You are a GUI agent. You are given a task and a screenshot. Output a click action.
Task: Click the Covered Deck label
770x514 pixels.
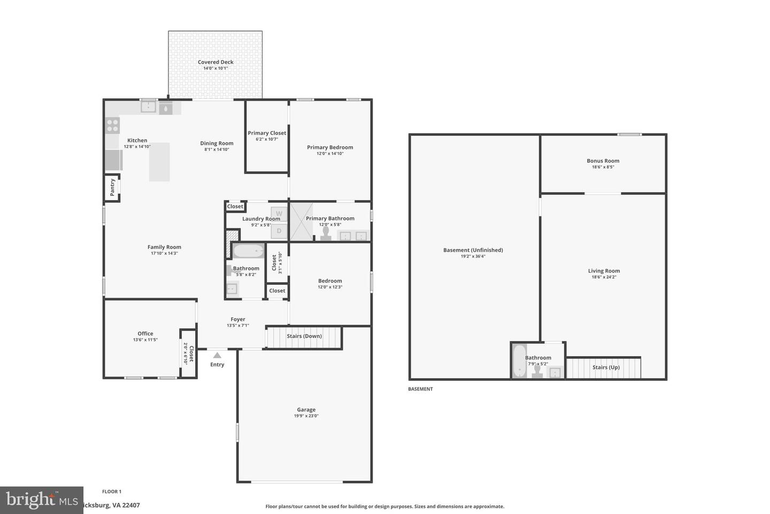pyautogui.click(x=215, y=62)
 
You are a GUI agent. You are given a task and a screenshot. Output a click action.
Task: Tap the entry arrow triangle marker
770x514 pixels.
pyautogui.click(x=217, y=355)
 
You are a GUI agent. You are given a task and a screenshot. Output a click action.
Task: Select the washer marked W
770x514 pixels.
pyautogui.click(x=279, y=214)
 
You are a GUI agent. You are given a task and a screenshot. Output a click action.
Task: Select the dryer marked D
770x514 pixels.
pyautogui.click(x=279, y=231)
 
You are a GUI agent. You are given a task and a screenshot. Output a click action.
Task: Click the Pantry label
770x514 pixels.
pyautogui.click(x=112, y=187)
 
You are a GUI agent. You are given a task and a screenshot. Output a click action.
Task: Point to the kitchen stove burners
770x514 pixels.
pyautogui.click(x=112, y=125)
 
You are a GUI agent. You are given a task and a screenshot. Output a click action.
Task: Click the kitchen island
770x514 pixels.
pyautogui.click(x=159, y=162)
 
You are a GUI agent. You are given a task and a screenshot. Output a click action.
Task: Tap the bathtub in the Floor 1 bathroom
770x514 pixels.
pyautogui.click(x=248, y=251)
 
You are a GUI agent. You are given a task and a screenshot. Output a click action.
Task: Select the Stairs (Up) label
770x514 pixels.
pyautogui.click(x=606, y=367)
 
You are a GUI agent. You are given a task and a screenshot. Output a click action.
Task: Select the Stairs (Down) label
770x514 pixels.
pyautogui.click(x=304, y=336)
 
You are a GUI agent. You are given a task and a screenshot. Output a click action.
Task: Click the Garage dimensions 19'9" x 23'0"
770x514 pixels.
pyautogui.click(x=306, y=416)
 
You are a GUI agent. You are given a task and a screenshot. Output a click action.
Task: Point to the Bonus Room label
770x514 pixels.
pyautogui.click(x=603, y=161)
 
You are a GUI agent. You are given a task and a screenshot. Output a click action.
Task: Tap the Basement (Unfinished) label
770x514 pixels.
pyautogui.click(x=473, y=250)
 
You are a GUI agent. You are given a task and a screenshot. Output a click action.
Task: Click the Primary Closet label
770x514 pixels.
pyautogui.click(x=267, y=133)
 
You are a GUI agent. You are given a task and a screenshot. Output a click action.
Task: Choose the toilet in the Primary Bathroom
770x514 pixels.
pyautogui.click(x=325, y=235)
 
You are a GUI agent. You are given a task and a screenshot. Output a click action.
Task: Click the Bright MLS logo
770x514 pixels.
pyautogui.click(x=41, y=500)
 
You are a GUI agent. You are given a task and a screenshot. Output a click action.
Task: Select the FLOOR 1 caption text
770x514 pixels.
pyautogui.click(x=112, y=492)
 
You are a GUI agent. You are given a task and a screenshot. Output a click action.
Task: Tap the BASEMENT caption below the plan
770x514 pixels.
pyautogui.click(x=420, y=389)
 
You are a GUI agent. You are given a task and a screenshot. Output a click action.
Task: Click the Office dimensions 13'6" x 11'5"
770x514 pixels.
pyautogui.click(x=145, y=340)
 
